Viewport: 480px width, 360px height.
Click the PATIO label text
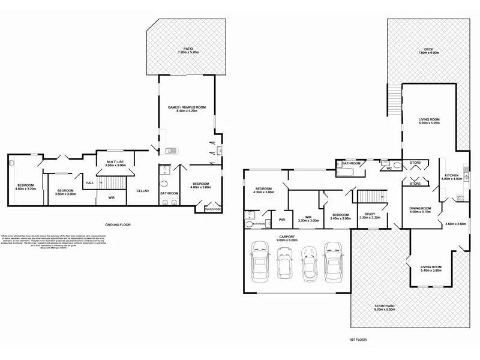(189, 49)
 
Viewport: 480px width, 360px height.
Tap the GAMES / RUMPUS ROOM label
(191, 107)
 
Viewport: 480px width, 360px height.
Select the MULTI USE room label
(115, 162)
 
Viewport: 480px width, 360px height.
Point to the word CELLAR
(142, 191)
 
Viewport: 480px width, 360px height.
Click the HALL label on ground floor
(89, 183)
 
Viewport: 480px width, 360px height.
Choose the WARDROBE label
(212, 209)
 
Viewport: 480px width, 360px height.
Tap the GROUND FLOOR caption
(118, 224)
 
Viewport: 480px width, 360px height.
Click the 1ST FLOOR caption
(357, 340)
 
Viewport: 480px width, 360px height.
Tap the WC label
(389, 169)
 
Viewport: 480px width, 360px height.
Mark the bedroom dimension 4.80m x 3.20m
(25, 188)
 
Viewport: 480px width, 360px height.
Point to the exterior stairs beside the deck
(394, 100)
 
